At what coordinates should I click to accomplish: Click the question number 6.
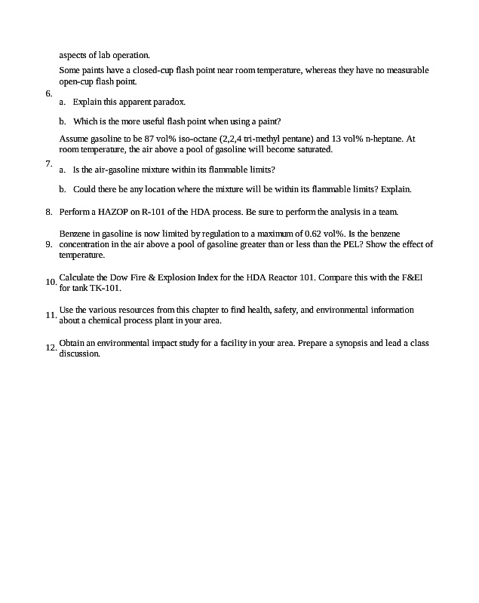[x=48, y=94]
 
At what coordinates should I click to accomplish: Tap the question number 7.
[x=48, y=163]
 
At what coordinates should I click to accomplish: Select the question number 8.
[x=48, y=212]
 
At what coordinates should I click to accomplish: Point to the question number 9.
[x=48, y=244]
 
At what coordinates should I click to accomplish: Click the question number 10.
[x=51, y=282]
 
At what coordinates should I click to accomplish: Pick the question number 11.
[x=51, y=315]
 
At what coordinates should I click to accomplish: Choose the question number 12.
[x=51, y=347]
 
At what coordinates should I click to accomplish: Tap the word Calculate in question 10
[x=75, y=277]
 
